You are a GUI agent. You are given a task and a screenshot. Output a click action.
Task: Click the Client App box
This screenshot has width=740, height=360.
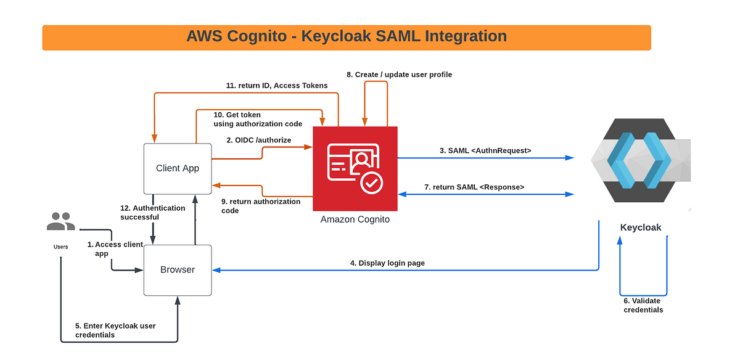(178, 169)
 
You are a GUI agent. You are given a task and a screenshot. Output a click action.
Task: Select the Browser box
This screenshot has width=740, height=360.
(178, 270)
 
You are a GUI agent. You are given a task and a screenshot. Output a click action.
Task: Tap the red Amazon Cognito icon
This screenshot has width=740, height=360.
(355, 168)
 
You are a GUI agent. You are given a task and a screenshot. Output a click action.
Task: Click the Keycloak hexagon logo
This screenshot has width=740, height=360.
(640, 160)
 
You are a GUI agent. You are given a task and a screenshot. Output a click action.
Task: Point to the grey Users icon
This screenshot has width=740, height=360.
(61, 221)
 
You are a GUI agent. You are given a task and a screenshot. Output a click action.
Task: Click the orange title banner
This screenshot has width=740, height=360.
(347, 38)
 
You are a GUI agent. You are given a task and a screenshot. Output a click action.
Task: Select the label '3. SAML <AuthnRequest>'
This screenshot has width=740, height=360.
(485, 150)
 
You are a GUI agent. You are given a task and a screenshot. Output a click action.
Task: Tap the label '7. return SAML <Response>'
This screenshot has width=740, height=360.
(474, 187)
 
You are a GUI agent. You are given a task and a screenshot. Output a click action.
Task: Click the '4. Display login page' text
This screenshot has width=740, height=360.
(387, 263)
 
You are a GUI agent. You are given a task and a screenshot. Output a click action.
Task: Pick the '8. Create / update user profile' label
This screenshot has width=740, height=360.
(399, 75)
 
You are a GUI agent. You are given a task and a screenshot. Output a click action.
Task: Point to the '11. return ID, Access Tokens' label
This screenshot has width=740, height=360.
(277, 86)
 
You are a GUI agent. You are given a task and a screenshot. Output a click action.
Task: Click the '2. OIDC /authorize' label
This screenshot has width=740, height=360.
(258, 140)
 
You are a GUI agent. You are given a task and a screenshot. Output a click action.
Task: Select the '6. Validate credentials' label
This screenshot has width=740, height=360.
(643, 305)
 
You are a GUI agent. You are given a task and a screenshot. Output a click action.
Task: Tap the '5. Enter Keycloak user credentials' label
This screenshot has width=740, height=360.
(115, 330)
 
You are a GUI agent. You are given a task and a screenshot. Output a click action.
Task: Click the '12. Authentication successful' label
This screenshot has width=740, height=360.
(153, 213)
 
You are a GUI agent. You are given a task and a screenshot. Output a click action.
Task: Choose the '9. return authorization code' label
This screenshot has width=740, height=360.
(261, 206)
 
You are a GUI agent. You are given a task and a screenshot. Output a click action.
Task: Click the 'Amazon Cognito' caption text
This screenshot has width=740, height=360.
(355, 219)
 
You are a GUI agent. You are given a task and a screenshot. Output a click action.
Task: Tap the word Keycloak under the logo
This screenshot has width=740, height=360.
(641, 227)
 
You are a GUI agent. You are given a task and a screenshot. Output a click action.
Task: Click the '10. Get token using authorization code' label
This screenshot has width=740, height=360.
(258, 119)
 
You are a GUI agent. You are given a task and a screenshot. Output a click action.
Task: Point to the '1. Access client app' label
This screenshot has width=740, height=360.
(115, 248)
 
